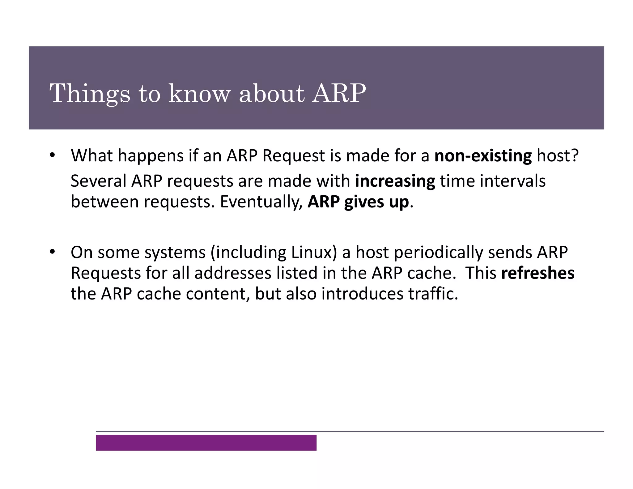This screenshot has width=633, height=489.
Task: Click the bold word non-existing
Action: coord(483,156)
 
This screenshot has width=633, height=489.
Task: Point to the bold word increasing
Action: coord(395,181)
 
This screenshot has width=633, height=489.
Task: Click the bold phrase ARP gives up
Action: coord(358,202)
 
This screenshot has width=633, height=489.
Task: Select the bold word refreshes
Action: coord(537,273)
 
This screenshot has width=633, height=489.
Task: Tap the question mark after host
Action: coord(575,156)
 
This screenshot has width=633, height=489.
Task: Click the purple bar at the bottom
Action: coord(206,443)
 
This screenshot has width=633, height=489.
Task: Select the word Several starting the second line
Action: coord(98,181)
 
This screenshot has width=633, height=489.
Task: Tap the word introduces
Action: coord(362,294)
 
